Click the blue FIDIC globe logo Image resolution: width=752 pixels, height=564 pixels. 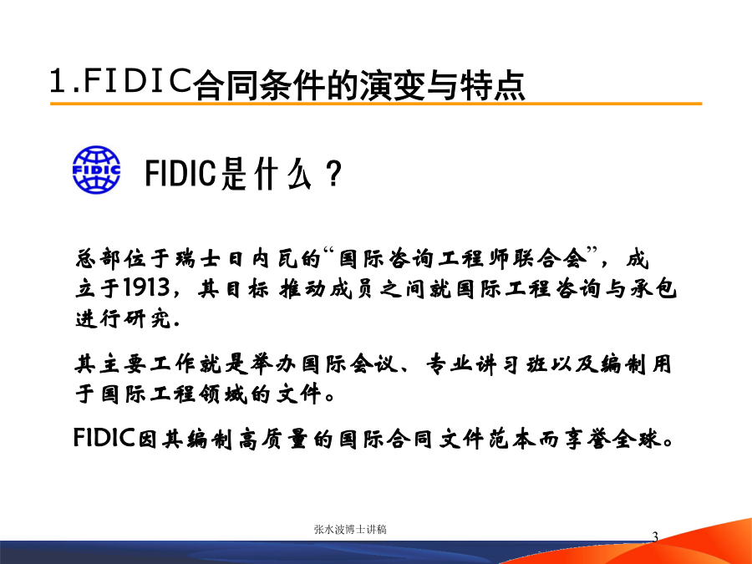(96, 170)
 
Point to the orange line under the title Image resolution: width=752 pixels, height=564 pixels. (376, 103)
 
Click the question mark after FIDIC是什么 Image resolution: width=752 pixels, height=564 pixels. (333, 173)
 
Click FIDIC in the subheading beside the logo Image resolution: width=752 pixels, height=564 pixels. (180, 173)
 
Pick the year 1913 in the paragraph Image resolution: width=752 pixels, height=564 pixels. (146, 287)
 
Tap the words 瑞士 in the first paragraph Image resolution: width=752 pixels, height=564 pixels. (197, 258)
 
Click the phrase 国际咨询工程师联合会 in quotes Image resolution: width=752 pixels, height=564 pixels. (463, 258)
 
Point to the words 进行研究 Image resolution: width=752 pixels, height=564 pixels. (124, 318)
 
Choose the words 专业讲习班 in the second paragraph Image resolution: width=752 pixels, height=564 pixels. (486, 364)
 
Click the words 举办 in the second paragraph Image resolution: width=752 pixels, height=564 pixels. (274, 364)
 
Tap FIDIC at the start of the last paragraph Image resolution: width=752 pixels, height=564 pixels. (104, 438)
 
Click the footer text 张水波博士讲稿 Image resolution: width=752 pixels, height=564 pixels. (350, 530)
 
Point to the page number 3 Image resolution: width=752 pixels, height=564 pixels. (655, 537)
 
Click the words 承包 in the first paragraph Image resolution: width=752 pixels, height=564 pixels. (653, 288)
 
